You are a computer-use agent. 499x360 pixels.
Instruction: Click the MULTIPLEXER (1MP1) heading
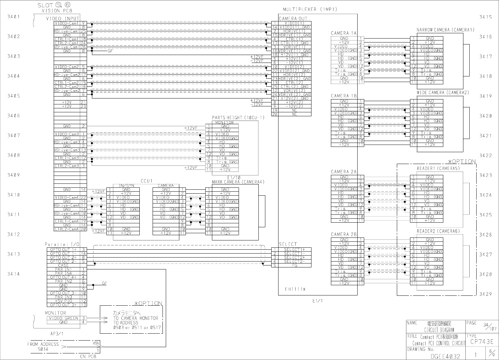click(310, 10)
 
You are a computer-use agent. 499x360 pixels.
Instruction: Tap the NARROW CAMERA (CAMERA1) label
click(445, 30)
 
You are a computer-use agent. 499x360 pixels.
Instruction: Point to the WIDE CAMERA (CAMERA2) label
click(442, 93)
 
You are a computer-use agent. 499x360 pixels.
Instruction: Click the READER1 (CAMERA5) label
click(438, 169)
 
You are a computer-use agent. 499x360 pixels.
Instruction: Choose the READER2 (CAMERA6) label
click(438, 231)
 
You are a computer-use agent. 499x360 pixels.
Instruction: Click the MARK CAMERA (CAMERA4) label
click(238, 182)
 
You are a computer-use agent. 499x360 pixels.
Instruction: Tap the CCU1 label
click(147, 181)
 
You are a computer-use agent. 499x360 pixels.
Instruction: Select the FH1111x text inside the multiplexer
click(295, 289)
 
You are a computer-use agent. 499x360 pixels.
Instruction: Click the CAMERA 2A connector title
click(344, 172)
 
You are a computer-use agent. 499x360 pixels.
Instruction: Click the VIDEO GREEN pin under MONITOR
click(64, 318)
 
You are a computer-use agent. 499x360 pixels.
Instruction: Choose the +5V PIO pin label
click(63, 301)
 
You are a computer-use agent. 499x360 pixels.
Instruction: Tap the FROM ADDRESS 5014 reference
click(43, 346)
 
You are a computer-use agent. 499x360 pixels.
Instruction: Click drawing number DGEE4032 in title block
click(445, 356)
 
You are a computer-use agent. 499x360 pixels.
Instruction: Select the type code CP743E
click(482, 342)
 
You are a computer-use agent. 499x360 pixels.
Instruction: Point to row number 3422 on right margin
click(485, 155)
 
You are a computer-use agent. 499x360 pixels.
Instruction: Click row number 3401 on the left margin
click(14, 16)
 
